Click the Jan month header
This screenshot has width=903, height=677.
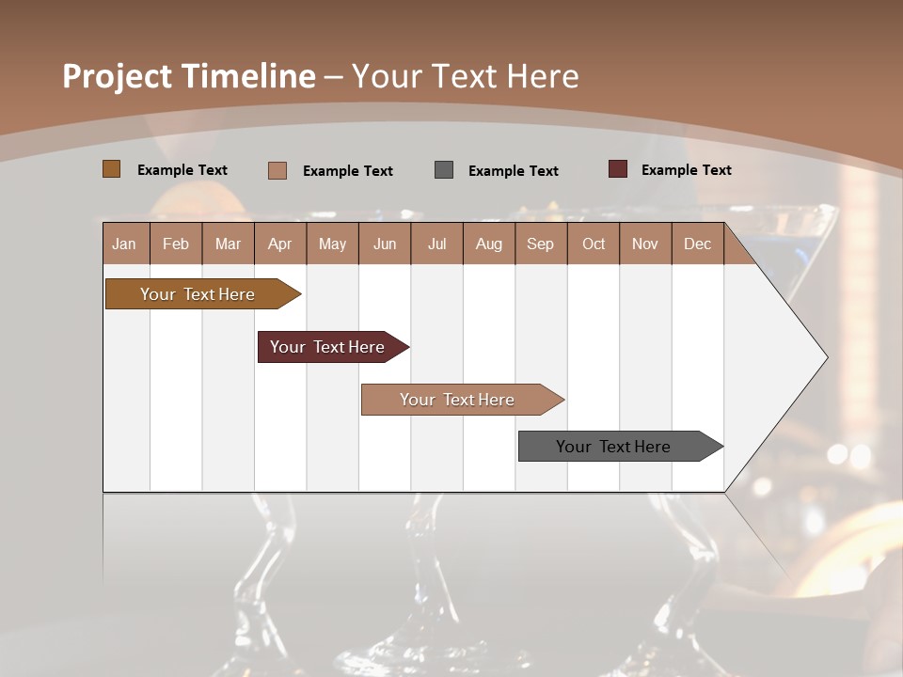coord(124,244)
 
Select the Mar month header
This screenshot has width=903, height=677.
coord(228,244)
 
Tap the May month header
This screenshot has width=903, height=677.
coord(332,244)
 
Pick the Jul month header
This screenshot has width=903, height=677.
coord(436,244)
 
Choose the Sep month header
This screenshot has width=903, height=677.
coord(540,244)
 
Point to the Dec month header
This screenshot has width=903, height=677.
coord(697,244)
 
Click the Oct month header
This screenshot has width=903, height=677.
coord(594,244)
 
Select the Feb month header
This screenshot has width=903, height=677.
coord(176,244)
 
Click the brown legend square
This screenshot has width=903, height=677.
coord(111,169)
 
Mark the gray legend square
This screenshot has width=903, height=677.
coord(444,170)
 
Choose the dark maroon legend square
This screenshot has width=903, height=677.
coord(618,169)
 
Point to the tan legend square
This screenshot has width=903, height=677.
coord(277,170)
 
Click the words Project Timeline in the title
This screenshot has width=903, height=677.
coord(189,76)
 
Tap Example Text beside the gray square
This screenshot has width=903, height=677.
coord(514,171)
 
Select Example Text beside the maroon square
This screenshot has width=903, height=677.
coord(687,170)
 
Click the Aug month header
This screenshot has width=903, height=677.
coord(488,244)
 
